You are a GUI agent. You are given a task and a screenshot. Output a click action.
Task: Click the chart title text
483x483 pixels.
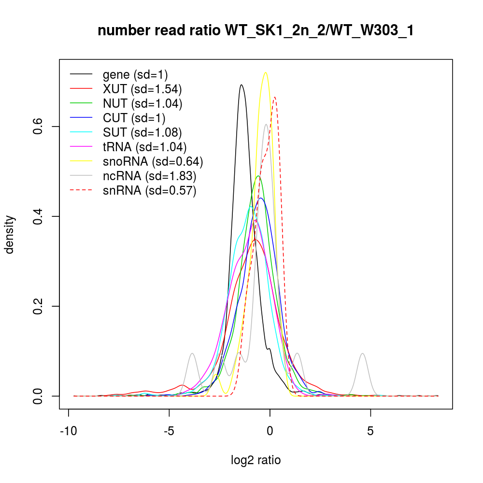pos(256,31)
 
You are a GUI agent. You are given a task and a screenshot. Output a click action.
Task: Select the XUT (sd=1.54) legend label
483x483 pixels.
pos(142,89)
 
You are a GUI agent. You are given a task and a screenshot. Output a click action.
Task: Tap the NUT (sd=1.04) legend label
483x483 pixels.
pos(142,103)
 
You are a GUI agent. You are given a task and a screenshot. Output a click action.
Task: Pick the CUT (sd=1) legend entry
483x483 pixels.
pos(134,118)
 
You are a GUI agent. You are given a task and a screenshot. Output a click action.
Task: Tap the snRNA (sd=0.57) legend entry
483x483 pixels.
pos(149,190)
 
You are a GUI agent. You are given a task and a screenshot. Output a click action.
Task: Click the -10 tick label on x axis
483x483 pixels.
pos(69,430)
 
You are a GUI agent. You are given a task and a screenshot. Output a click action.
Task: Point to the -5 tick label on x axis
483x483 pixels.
pos(169,430)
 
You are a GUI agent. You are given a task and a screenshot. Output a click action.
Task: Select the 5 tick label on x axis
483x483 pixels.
pos(370,430)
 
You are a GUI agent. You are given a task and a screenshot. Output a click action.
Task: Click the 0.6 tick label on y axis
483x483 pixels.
pos(39,126)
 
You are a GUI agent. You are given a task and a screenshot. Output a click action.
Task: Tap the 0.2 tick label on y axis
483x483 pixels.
pos(39,306)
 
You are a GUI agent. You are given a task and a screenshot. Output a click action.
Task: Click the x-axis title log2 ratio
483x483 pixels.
pos(256,460)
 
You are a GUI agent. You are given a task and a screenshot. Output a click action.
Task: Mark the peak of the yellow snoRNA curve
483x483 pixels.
pos(265,72)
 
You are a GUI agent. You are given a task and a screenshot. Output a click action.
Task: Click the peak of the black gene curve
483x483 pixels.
pos(241,85)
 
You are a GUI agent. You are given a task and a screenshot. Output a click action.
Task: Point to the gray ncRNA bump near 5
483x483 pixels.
pos(362,354)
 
